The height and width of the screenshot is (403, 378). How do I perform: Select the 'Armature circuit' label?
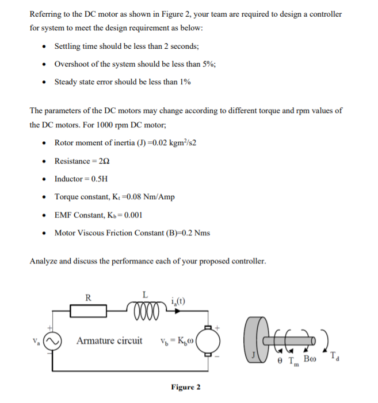[x=109, y=341]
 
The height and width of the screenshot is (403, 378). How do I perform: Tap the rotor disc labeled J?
[x=254, y=340]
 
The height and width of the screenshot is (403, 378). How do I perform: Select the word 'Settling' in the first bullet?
[x=67, y=46]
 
